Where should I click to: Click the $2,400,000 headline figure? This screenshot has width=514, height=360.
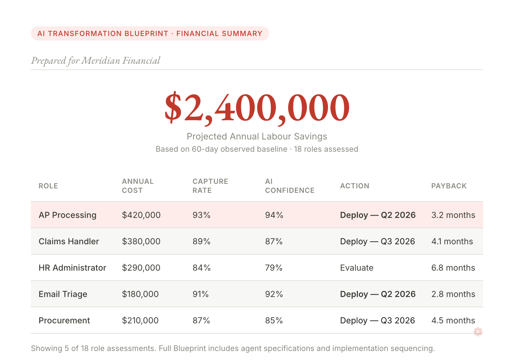point(257,108)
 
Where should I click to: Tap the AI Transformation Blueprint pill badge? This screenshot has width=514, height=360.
point(150,33)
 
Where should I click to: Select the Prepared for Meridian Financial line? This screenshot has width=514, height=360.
point(95,60)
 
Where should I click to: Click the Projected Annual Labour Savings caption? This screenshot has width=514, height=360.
point(257,136)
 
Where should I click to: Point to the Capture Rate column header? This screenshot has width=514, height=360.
point(210,186)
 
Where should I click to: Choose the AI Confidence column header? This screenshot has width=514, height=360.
point(289,186)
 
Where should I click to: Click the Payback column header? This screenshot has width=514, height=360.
point(449,186)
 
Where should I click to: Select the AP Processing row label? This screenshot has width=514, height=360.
point(67,215)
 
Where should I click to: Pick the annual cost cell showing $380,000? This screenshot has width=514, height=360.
point(141,241)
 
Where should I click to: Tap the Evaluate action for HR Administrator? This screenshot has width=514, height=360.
point(357,268)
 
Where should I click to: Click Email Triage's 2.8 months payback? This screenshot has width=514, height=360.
point(453,294)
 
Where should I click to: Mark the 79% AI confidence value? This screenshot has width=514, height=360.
point(274,268)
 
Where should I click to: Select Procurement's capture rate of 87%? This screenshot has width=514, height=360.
point(201,320)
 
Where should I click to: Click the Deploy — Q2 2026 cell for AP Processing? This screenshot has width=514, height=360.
point(378,215)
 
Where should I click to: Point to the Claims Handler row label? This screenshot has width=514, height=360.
point(69,241)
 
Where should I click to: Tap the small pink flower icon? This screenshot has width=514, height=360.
point(478,332)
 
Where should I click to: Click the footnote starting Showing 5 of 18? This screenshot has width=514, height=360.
point(233,348)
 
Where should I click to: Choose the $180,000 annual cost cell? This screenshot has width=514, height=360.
point(140,294)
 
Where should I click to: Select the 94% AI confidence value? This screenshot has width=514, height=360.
point(274,215)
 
